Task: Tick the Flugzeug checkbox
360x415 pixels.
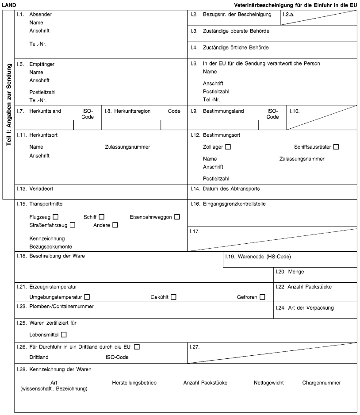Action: click(56, 217)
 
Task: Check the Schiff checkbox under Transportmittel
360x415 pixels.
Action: click(102, 217)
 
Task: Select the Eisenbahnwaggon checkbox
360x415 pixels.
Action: click(177, 217)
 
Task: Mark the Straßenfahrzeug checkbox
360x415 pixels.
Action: click(73, 226)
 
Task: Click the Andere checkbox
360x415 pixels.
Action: click(115, 226)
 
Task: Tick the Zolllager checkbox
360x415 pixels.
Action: click(227, 146)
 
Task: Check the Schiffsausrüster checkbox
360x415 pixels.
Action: click(336, 146)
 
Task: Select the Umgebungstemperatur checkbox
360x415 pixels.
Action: click(87, 296)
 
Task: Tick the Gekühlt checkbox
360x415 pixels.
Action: click(173, 296)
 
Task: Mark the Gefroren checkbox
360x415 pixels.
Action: click(263, 296)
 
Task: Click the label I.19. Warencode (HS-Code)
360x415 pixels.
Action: click(258, 257)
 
